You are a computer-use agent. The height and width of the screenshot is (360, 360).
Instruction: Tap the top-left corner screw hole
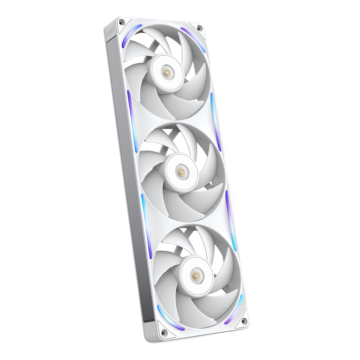[122, 22]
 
